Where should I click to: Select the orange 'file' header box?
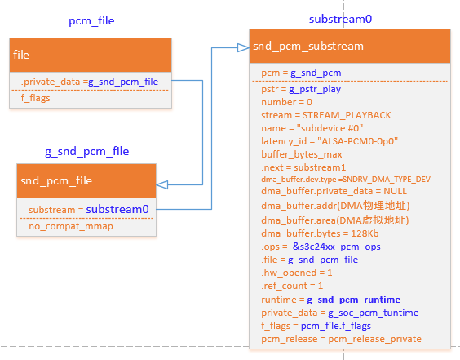coord(90,55)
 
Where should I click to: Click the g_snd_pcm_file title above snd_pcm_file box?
coord(86,151)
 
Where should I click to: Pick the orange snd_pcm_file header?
coord(86,180)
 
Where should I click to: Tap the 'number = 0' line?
coord(286,102)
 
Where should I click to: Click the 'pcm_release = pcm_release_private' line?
coord(342,339)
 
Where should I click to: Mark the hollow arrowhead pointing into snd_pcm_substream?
coord(243,47)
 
